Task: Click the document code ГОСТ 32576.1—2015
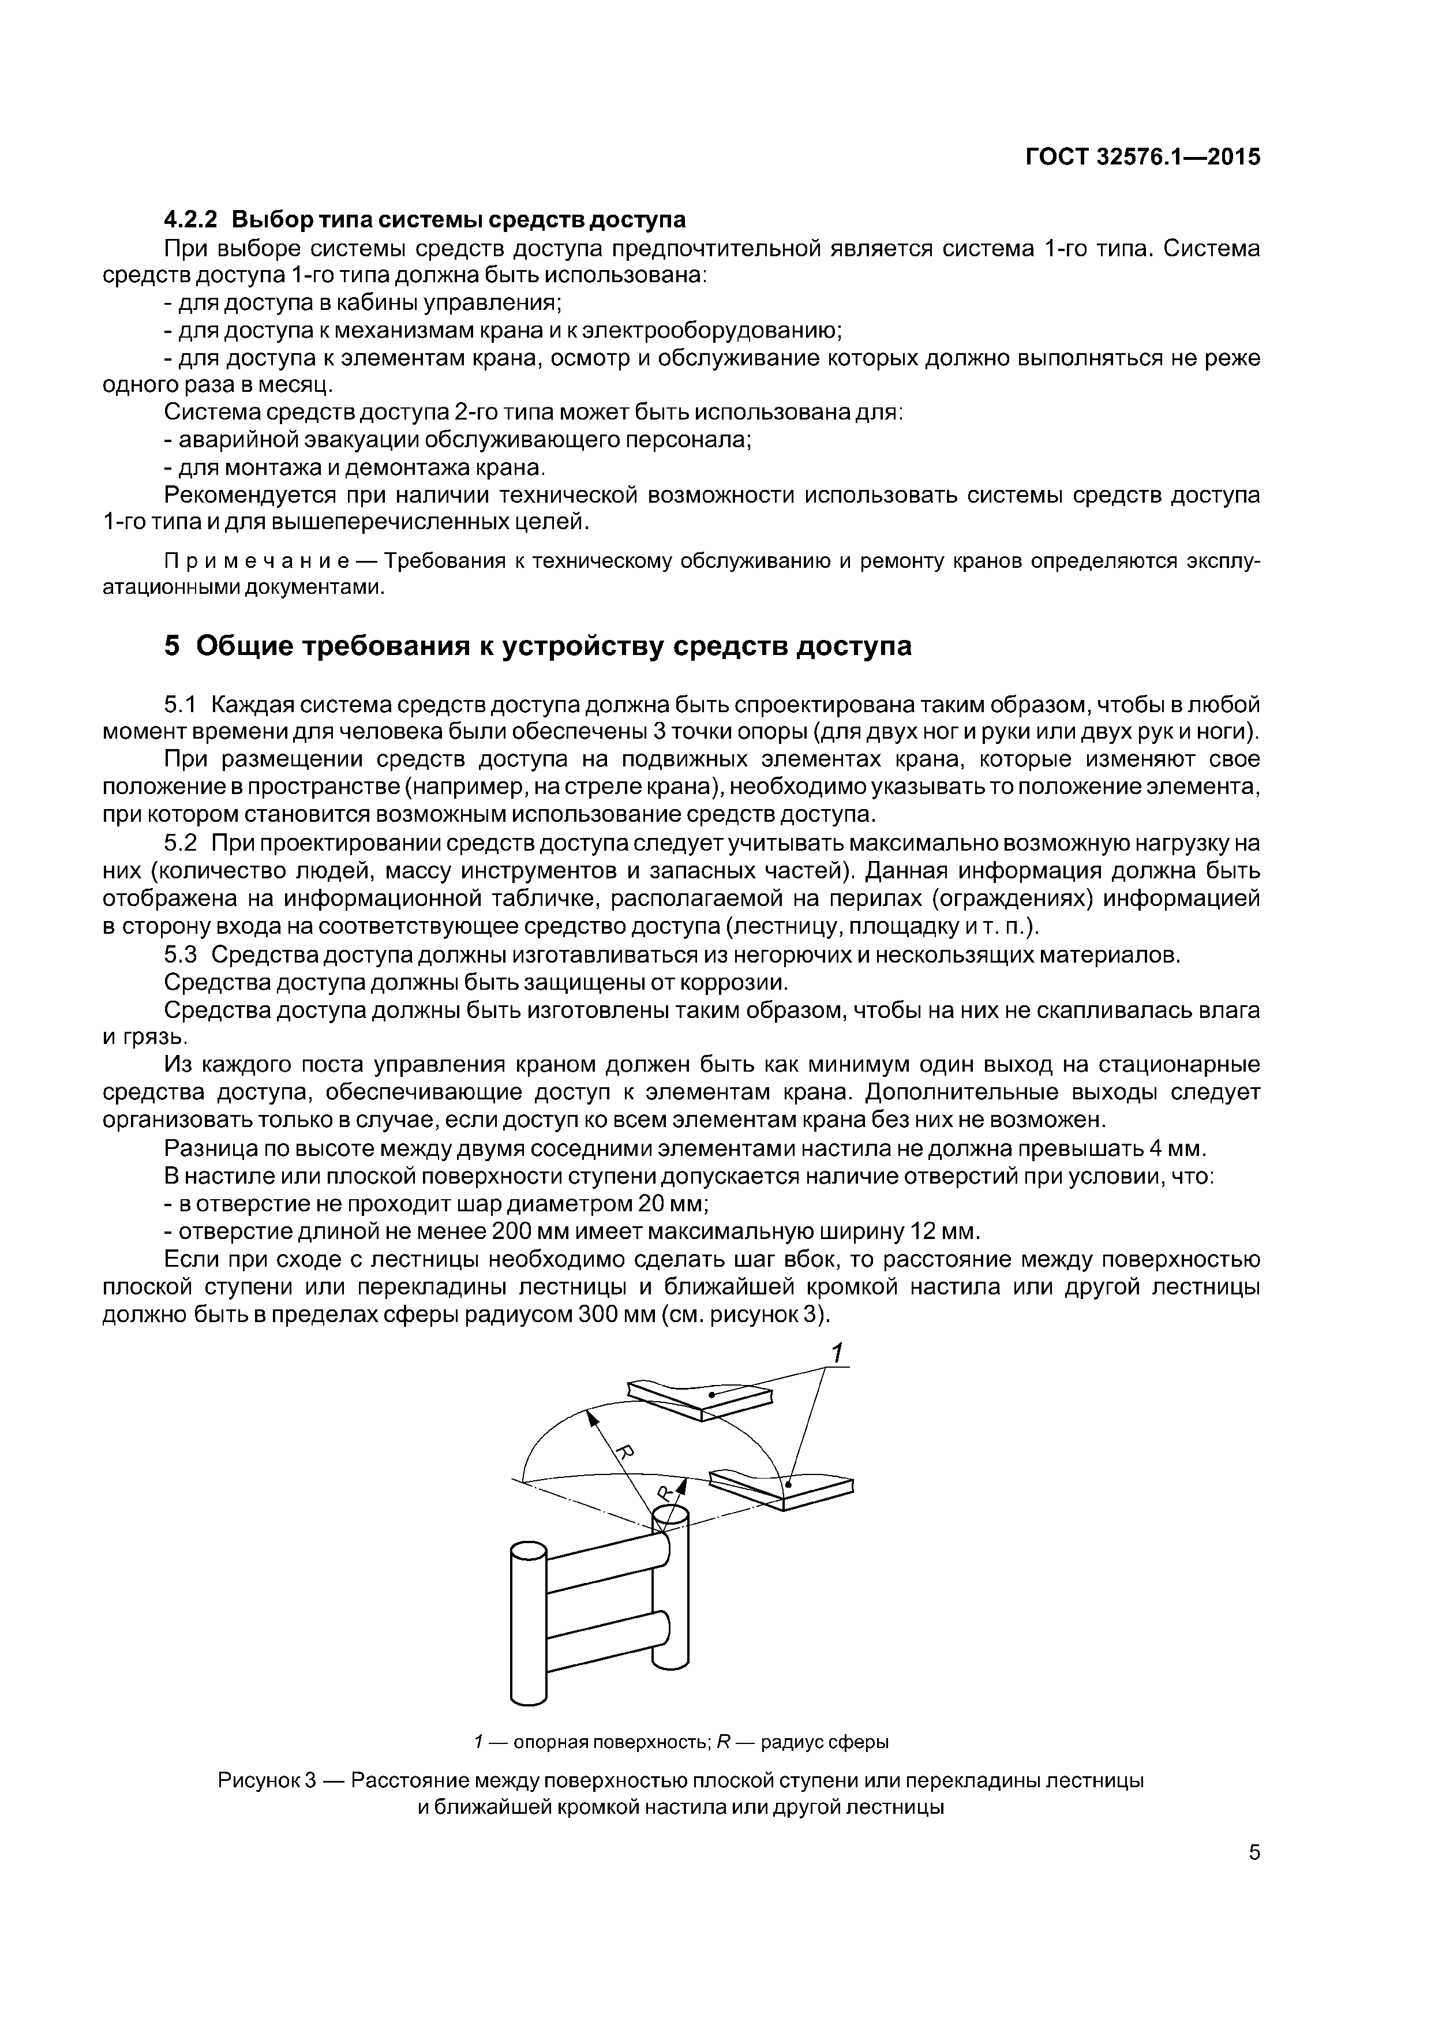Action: coord(1142,156)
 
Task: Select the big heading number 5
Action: coord(173,646)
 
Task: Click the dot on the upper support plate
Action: coord(711,1394)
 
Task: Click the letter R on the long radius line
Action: coord(623,1453)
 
